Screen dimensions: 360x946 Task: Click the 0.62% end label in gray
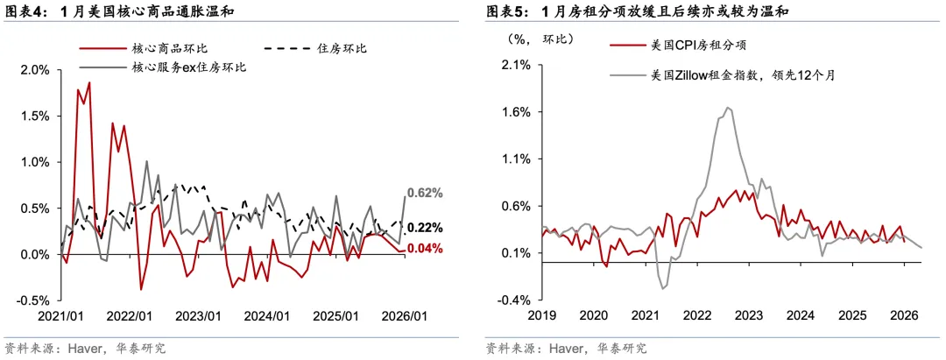point(425,193)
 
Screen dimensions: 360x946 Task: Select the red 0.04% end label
point(425,249)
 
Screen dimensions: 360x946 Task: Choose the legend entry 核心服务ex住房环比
point(188,67)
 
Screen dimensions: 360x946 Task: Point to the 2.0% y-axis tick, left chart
point(35,70)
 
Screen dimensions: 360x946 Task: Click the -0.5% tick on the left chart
point(33,300)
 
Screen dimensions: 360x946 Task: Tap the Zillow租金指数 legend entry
point(743,75)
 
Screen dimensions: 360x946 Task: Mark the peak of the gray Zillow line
point(728,108)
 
